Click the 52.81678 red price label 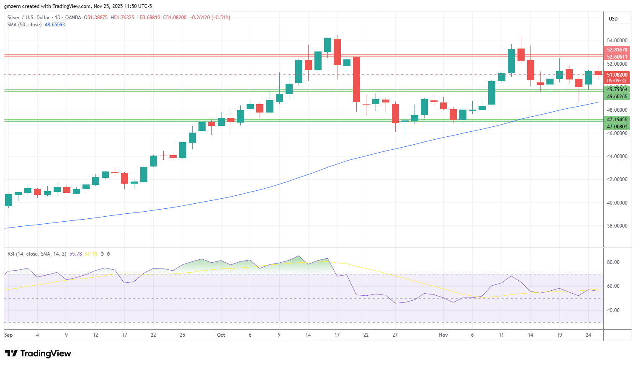[x=617, y=50]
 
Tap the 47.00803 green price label [x=617, y=127]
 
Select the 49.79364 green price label [x=617, y=90]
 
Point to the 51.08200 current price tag [x=617, y=75]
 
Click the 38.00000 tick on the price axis [x=617, y=226]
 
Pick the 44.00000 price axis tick [x=617, y=156]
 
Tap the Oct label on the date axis [x=221, y=335]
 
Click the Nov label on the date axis [x=443, y=335]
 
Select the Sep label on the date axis [x=8, y=335]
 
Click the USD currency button [x=613, y=19]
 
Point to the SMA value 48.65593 [x=55, y=25]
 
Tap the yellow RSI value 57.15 [x=91, y=254]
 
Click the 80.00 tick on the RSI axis [x=613, y=262]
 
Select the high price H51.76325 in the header [x=122, y=18]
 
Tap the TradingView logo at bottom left [x=38, y=353]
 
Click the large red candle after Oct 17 [x=356, y=80]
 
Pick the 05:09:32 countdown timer [x=617, y=81]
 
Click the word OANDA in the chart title [x=73, y=18]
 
